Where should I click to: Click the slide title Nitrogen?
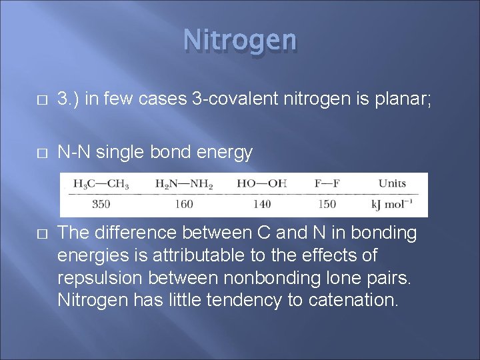click(240, 40)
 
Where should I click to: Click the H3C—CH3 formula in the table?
click(101, 183)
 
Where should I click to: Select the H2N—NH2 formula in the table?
click(183, 183)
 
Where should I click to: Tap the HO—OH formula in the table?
click(261, 183)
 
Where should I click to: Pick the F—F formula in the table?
click(327, 183)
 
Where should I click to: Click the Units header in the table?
click(392, 183)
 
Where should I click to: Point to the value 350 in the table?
click(101, 204)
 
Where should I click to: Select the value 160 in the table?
click(183, 204)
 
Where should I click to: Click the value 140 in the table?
click(261, 204)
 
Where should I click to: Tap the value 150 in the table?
click(327, 204)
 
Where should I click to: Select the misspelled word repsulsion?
click(99, 278)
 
